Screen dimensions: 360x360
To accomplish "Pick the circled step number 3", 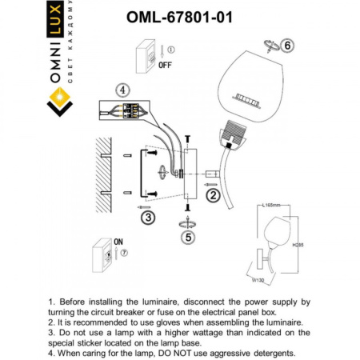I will (x=146, y=215).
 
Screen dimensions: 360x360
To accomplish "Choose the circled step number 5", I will (x=188, y=236).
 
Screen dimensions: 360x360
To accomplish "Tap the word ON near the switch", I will (x=119, y=239).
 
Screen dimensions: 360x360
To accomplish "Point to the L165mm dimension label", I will (x=271, y=206).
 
